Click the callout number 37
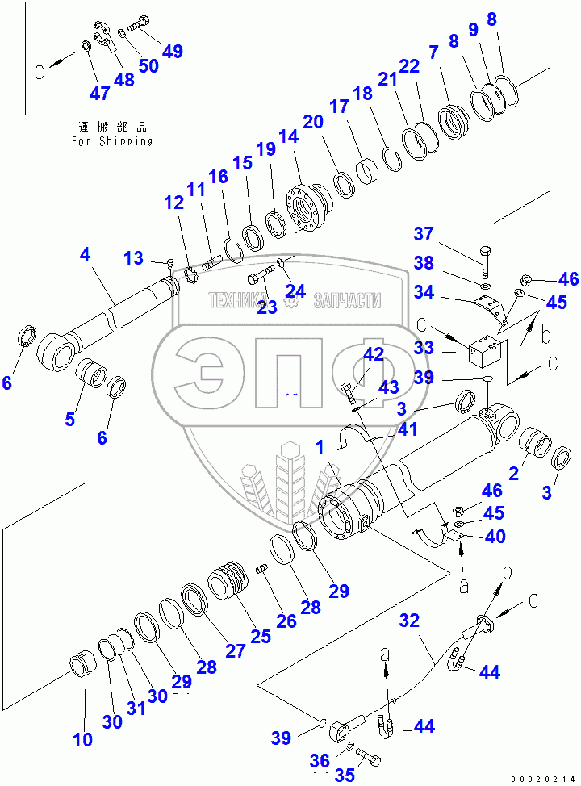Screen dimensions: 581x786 click(424, 234)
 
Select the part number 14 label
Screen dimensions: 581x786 click(288, 137)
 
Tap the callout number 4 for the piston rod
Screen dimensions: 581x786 click(85, 254)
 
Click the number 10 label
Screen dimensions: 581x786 click(82, 740)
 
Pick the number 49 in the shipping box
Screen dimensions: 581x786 click(172, 51)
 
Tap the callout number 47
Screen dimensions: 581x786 click(99, 93)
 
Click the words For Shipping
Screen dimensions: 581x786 click(111, 140)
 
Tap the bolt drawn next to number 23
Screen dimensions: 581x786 click(261, 279)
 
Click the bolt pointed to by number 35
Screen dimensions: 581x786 click(370, 759)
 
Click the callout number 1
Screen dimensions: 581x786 click(321, 446)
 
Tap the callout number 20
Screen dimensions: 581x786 click(312, 122)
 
